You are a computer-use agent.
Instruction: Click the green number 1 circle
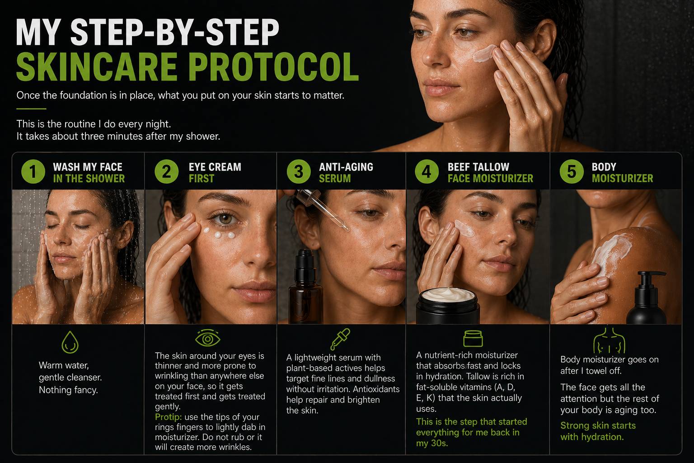point(33,171)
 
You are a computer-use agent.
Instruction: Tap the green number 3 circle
point(299,171)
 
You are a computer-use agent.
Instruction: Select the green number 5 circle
point(572,171)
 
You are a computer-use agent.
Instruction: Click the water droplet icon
point(70,342)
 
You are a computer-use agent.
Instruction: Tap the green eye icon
point(207,338)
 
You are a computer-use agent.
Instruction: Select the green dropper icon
point(340,339)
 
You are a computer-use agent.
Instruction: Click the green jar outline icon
point(473,338)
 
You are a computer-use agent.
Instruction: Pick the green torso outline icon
point(609,341)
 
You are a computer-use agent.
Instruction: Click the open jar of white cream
point(448,306)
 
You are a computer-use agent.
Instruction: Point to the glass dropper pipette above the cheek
point(322,209)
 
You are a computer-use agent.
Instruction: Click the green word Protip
point(168,417)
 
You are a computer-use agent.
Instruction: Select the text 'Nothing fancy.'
point(69,390)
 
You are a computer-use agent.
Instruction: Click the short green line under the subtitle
point(31,109)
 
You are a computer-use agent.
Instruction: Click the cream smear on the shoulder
point(612,251)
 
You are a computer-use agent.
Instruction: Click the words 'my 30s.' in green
point(432,444)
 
